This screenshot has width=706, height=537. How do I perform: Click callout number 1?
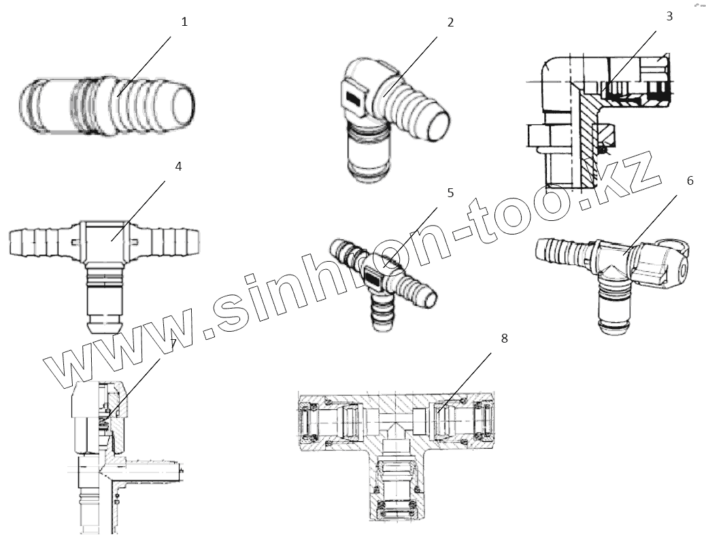[184, 22]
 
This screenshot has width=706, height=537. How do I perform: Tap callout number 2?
[450, 22]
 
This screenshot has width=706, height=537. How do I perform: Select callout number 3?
[669, 16]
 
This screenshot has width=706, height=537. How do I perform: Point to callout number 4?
[178, 166]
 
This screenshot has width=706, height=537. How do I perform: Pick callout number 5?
[450, 192]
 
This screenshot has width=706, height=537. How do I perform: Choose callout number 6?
[690, 181]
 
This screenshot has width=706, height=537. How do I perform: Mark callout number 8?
[504, 338]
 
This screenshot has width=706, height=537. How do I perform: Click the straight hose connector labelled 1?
[109, 105]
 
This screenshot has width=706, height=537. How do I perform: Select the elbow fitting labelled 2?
[388, 119]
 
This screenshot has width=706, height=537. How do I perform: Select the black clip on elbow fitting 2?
[354, 99]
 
